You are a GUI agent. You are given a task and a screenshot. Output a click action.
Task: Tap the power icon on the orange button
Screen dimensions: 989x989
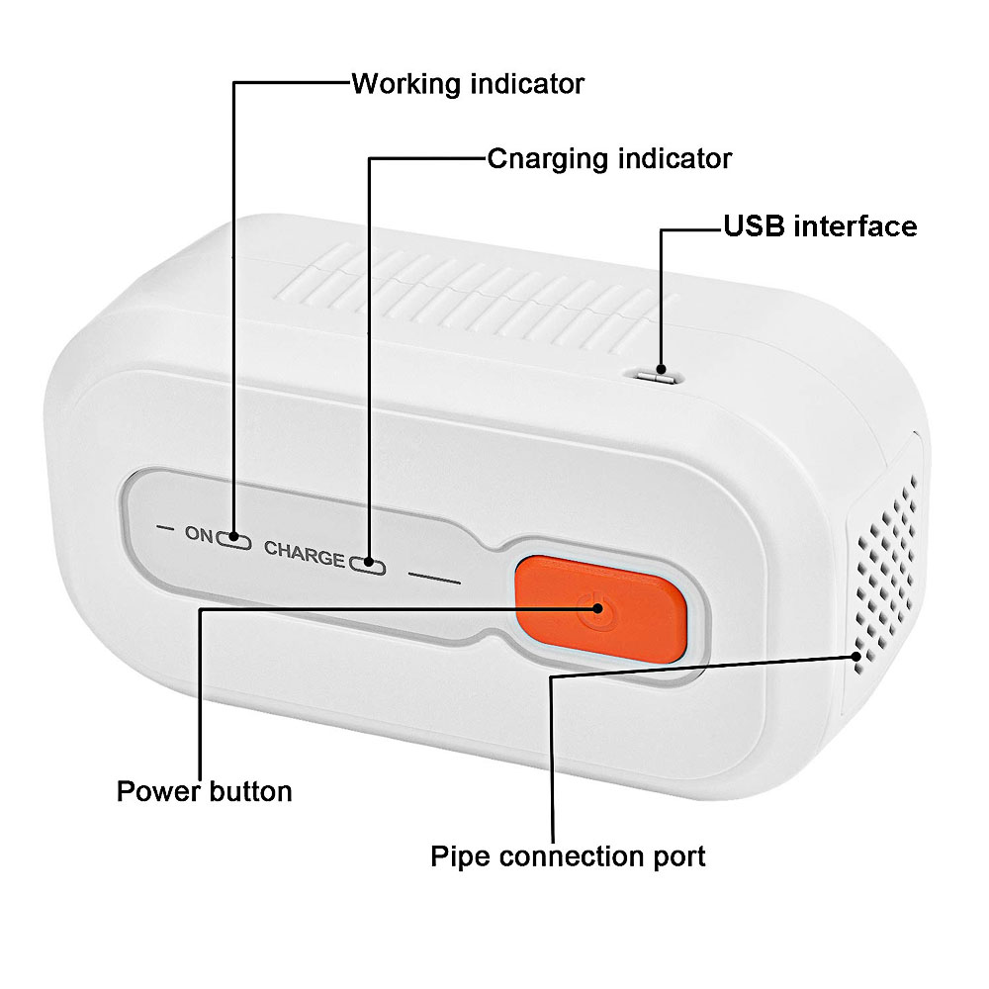click(594, 607)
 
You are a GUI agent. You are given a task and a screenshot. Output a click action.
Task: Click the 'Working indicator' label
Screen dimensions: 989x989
click(468, 83)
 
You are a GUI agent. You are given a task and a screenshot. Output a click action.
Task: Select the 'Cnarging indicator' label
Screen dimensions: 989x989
click(609, 158)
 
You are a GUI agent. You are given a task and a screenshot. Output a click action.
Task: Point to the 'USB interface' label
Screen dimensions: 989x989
click(820, 226)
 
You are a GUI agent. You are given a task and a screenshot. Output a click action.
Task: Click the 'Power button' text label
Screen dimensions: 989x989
click(205, 792)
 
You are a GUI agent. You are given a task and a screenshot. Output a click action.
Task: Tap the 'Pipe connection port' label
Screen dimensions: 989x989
click(568, 855)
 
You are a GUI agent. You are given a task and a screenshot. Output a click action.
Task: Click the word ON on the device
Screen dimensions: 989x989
click(199, 535)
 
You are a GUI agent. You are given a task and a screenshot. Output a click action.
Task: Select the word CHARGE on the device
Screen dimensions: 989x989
click(304, 556)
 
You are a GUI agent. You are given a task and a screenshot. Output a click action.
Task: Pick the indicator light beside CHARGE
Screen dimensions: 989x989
click(367, 566)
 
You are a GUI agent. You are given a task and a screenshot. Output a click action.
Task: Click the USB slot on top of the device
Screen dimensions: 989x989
click(655, 376)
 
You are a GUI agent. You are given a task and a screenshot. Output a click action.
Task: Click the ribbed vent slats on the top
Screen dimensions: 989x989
click(465, 287)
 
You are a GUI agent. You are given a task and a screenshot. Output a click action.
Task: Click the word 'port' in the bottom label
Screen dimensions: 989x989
click(676, 855)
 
